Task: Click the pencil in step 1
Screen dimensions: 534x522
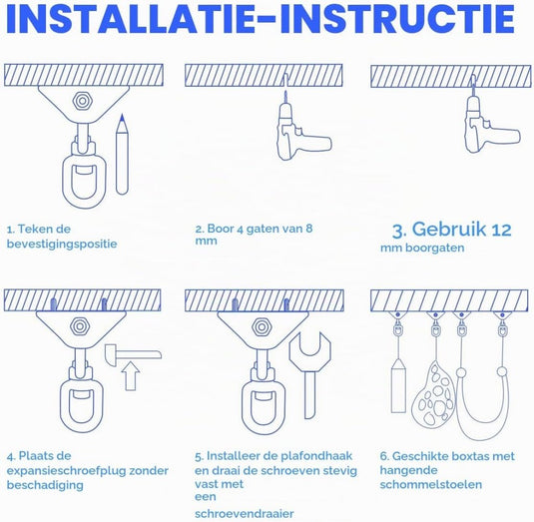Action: point(122,155)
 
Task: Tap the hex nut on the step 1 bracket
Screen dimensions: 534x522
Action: point(82,101)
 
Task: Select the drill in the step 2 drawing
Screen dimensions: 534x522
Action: point(299,132)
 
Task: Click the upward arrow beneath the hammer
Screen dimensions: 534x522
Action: point(131,376)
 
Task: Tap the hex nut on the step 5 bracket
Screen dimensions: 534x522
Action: point(262,327)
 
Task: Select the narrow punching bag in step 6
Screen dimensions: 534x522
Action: point(398,385)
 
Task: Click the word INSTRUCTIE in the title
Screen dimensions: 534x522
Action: point(397,18)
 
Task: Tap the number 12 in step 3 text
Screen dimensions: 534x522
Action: point(501,231)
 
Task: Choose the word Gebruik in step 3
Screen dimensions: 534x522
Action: point(449,230)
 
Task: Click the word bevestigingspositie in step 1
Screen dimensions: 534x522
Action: point(62,245)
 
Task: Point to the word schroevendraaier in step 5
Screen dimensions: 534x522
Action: point(245,513)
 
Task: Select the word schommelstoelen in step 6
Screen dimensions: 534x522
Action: point(431,484)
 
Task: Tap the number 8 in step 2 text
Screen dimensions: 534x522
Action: point(308,229)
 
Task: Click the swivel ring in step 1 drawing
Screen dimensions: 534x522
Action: point(84,181)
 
